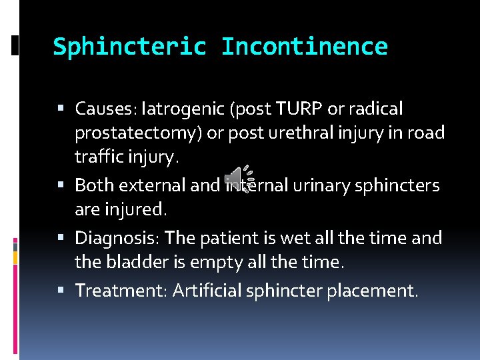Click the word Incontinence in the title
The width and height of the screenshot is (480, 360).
pyautogui.click(x=304, y=47)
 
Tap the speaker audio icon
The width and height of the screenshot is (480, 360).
pyautogui.click(x=235, y=178)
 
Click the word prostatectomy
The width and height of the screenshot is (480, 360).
pyautogui.click(x=139, y=133)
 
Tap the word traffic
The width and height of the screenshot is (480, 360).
pyautogui.click(x=98, y=159)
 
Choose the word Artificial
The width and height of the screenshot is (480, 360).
pyautogui.click(x=209, y=290)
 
